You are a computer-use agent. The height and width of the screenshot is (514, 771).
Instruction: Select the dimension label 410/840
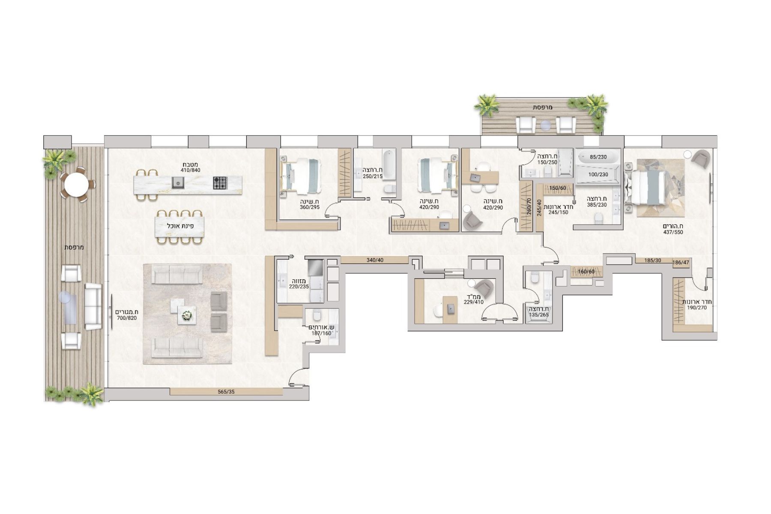pyautogui.click(x=190, y=170)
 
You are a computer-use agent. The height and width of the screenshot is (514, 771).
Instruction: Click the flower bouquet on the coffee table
pyautogui.click(x=187, y=315)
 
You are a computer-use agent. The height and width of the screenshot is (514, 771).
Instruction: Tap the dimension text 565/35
pyautogui.click(x=226, y=391)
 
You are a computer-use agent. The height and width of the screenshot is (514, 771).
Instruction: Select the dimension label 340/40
pyautogui.click(x=375, y=260)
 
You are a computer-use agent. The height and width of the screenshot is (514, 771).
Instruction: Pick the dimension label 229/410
pyautogui.click(x=473, y=302)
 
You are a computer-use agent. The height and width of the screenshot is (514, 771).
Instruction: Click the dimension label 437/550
pyautogui.click(x=673, y=232)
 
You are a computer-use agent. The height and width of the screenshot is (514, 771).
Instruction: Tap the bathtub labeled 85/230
pyautogui.click(x=598, y=157)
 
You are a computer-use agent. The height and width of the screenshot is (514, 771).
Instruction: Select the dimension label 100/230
pyautogui.click(x=598, y=174)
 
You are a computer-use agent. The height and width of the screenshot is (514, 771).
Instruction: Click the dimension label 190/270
pyautogui.click(x=696, y=308)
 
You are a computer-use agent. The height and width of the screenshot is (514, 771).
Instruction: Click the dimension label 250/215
pyautogui.click(x=372, y=176)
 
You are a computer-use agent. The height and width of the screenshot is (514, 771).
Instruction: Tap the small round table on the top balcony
pyautogui.click(x=545, y=125)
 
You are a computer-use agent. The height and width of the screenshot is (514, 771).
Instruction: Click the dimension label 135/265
pyautogui.click(x=539, y=315)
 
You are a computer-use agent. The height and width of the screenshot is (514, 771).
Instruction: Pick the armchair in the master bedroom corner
pyautogui.click(x=699, y=158)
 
